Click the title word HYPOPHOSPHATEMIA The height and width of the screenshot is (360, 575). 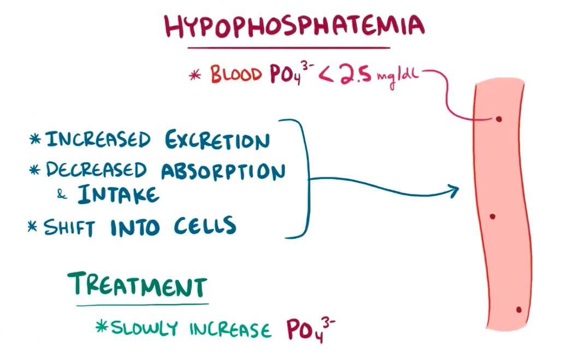[x=294, y=26]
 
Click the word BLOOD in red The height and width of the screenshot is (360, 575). [x=236, y=74]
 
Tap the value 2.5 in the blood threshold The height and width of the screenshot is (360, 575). [x=354, y=75]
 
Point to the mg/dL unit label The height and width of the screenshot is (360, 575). [x=396, y=77]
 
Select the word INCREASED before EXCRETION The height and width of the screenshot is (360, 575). [x=98, y=139]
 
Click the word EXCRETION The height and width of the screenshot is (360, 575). [x=217, y=140]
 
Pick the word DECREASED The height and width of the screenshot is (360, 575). [x=96, y=169]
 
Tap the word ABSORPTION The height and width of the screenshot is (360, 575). [x=223, y=170]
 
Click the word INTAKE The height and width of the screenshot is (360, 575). [x=118, y=194]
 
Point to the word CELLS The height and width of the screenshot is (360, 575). [x=205, y=225]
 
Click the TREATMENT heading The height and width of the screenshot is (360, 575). [x=138, y=285]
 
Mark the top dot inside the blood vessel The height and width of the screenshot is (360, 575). [x=499, y=119]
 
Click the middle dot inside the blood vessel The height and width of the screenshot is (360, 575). [x=493, y=216]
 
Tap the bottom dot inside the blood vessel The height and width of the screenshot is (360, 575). [x=519, y=310]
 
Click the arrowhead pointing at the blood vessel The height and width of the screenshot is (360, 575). [x=454, y=191]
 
